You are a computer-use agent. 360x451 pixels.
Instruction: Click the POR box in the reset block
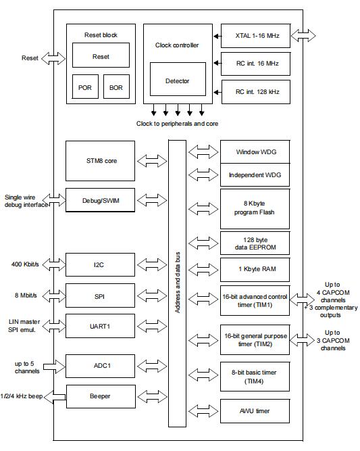click(85, 87)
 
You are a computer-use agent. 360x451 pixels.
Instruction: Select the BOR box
click(116, 87)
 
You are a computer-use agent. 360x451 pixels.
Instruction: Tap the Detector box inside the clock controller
click(178, 79)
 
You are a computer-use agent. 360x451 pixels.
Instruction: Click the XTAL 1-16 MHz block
click(256, 36)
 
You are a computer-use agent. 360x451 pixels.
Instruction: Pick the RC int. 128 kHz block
click(256, 92)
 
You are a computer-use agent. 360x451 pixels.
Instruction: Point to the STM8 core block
click(100, 161)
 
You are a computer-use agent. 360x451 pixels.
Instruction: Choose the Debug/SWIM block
click(100, 200)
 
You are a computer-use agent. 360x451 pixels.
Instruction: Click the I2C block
click(100, 264)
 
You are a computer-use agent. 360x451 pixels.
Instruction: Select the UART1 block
click(100, 326)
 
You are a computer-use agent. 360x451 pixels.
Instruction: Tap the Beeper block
click(101, 396)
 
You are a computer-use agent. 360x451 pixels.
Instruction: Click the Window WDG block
click(255, 151)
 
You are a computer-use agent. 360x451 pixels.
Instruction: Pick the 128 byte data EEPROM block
click(255, 243)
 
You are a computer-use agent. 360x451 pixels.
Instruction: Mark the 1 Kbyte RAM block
click(255, 270)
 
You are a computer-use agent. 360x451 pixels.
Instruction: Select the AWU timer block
click(255, 410)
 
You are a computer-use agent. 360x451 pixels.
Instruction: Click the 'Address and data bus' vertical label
click(178, 283)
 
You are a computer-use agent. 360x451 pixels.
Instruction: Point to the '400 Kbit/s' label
click(25, 264)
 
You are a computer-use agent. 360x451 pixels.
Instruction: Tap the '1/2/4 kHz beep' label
click(22, 396)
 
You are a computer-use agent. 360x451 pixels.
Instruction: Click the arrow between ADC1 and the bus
click(152, 366)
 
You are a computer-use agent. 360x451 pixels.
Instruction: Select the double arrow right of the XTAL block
click(303, 36)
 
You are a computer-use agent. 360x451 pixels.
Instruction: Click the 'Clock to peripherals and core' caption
click(177, 124)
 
